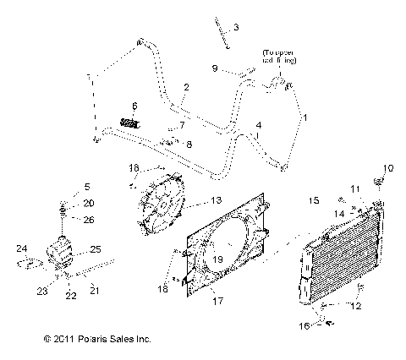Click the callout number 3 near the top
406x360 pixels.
click(236, 28)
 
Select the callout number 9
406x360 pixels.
click(215, 68)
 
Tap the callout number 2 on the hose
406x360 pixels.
click(186, 87)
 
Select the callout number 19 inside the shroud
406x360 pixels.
click(218, 259)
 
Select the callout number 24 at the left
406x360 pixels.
click(23, 248)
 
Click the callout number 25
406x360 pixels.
click(96, 249)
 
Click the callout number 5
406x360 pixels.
click(86, 186)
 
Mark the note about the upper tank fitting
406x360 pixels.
click(279, 57)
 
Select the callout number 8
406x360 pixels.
click(188, 144)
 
